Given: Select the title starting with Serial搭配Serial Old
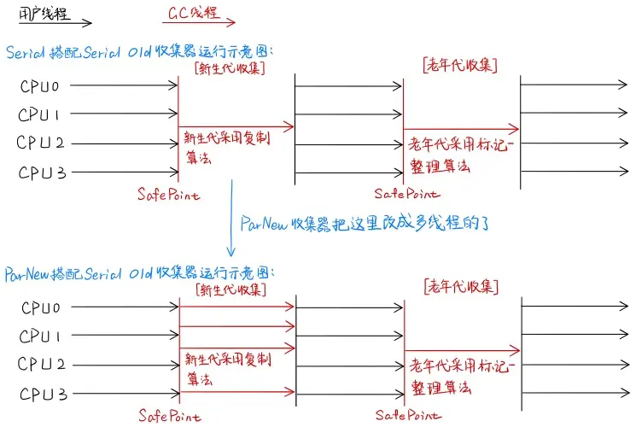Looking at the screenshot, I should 144,51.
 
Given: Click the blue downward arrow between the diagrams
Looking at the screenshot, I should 231,218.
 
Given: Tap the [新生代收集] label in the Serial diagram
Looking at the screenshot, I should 230,67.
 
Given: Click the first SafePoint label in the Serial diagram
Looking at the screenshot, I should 168,195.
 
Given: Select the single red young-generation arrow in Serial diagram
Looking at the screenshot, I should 236,126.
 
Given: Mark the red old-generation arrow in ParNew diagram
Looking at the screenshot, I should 461,350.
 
